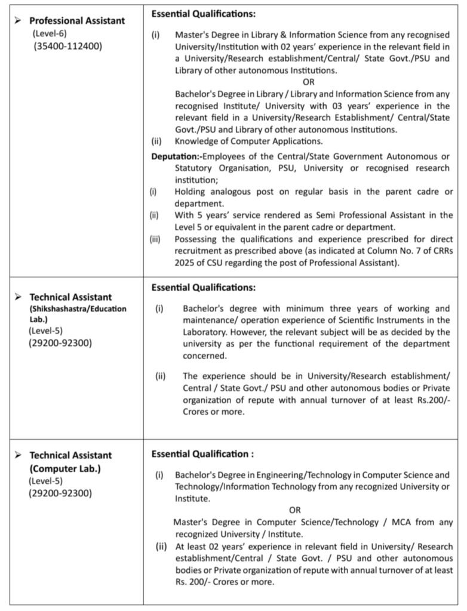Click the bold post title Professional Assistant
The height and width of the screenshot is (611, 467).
pos(77,20)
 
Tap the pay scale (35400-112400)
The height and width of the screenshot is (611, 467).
pos(67,45)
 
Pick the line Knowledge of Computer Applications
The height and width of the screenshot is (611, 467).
pos(248,142)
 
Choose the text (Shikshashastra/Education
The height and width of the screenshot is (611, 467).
pos(78,308)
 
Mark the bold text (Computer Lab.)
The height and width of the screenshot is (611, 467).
pos(65,468)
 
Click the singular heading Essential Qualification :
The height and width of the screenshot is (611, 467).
pos(202,454)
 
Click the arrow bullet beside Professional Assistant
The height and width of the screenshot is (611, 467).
pos(19,21)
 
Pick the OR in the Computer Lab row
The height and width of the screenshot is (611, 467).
pos(295,510)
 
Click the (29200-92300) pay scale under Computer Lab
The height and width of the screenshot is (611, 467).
pos(60,493)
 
